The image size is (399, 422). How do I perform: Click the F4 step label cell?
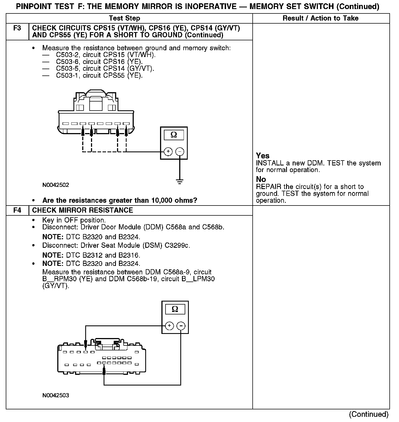click(x=17, y=210)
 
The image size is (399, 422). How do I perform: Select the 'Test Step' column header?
click(x=124, y=18)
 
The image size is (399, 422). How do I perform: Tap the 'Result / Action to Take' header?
click(x=320, y=18)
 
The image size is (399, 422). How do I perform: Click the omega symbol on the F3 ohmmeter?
click(x=174, y=135)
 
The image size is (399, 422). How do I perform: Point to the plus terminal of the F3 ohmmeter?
click(x=168, y=151)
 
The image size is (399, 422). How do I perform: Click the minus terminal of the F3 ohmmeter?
click(x=180, y=151)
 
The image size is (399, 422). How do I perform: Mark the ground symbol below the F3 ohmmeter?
click(x=180, y=182)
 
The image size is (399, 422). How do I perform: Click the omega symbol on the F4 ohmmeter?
click(x=175, y=309)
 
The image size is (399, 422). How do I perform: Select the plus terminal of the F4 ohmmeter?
click(x=169, y=326)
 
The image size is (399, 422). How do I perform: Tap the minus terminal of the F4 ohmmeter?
click(x=181, y=326)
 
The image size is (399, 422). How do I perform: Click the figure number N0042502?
click(x=56, y=185)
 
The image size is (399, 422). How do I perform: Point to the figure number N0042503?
click(x=56, y=395)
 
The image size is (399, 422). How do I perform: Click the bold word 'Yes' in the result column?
click(x=263, y=156)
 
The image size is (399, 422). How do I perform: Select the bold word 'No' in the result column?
click(x=261, y=179)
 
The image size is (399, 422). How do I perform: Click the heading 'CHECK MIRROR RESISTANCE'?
click(x=82, y=210)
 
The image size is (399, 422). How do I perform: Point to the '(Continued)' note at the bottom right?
click(x=369, y=414)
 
